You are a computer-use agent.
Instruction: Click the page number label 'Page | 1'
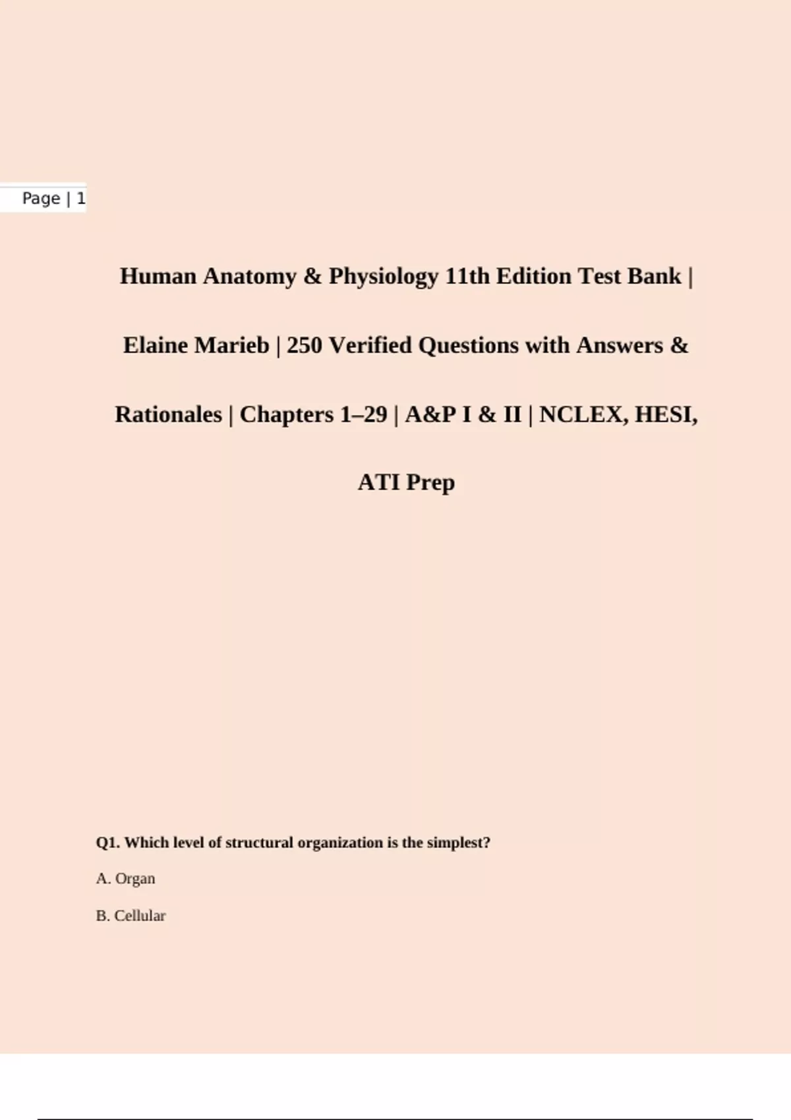53,198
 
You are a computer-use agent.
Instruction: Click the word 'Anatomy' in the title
250,276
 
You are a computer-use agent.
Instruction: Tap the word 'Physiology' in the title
384,276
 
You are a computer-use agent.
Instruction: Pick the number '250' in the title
304,345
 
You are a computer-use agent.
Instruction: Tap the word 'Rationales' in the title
168,414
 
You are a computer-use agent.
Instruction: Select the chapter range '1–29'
363,414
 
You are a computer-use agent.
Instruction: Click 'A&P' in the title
430,414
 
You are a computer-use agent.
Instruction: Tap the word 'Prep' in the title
430,482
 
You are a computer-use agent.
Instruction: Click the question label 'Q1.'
108,843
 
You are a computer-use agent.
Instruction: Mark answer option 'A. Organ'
126,879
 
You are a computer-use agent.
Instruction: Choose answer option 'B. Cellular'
131,916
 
